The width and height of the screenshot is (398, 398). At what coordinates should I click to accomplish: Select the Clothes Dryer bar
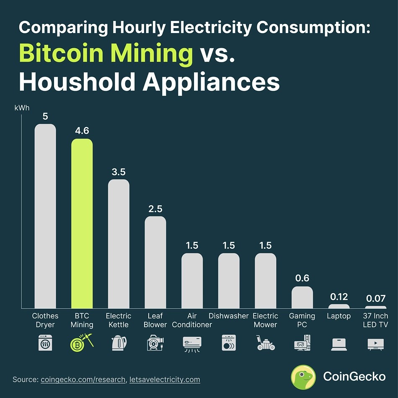pos(45,216)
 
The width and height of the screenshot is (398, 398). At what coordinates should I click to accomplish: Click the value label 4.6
pos(82,131)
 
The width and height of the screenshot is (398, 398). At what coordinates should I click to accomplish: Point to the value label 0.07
pos(375,299)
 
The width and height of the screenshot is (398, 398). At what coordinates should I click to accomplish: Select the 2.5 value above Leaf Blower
pos(155,209)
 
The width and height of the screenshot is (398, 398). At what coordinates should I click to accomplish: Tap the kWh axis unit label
pos(22,108)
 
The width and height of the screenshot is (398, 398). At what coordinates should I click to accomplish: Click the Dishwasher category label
pos(229,316)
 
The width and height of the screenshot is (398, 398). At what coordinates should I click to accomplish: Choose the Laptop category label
pos(339,316)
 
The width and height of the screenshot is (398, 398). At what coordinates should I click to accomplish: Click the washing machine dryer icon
pos(45,342)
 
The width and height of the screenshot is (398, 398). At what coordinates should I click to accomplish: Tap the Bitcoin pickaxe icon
pos(82,342)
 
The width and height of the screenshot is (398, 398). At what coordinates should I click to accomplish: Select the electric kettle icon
pos(119,343)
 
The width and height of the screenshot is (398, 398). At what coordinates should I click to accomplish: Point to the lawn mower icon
pos(265,343)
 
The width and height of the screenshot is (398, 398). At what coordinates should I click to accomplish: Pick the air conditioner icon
pos(192,343)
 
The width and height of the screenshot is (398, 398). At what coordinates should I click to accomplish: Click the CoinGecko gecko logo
pos(303,377)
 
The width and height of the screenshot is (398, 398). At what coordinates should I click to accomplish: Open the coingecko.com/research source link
pos(83,380)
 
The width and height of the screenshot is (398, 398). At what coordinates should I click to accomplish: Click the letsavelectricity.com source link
pos(165,380)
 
